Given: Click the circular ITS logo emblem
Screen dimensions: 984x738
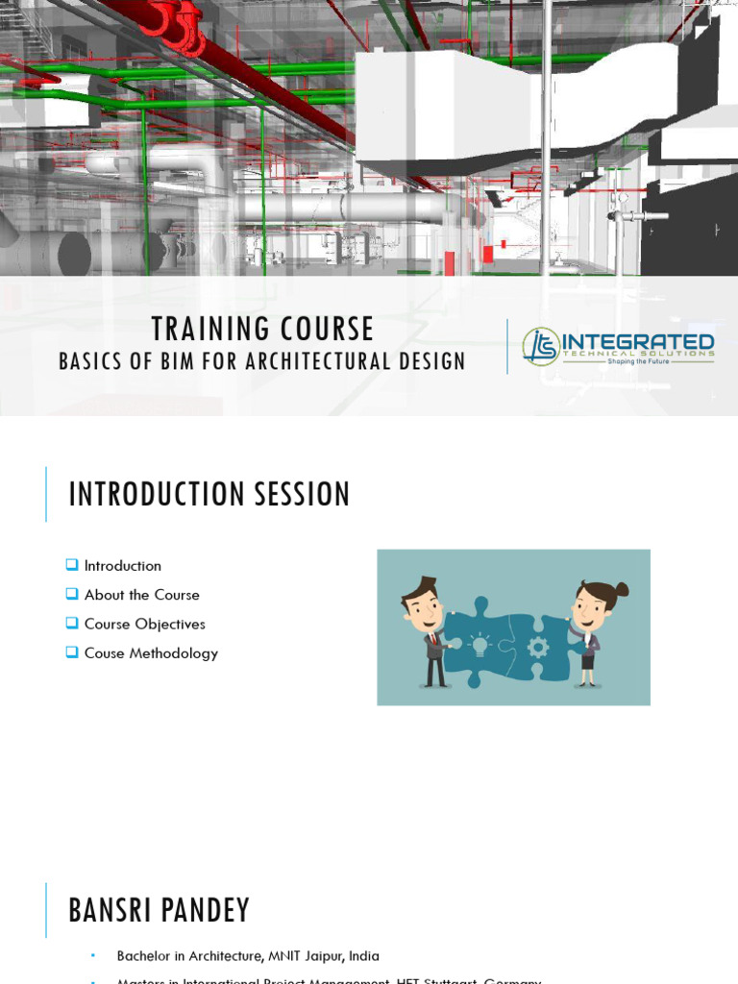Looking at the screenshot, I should [540, 346].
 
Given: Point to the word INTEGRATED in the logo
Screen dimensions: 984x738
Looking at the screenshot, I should [637, 342].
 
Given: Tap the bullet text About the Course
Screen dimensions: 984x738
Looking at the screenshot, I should [141, 595].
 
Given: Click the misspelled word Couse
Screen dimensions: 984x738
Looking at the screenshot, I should [104, 653].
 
